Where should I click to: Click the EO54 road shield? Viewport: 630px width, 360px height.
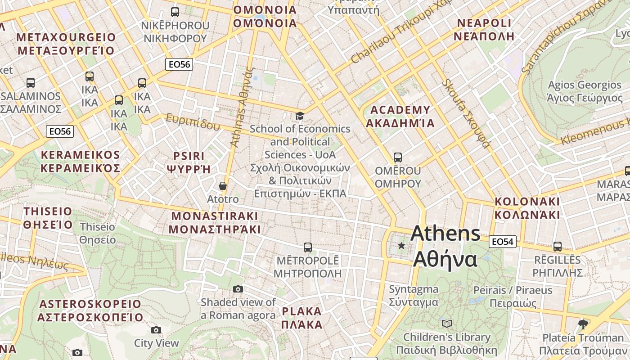502,242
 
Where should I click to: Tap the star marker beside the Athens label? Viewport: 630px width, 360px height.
401,246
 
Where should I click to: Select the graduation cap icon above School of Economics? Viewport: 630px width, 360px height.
300,116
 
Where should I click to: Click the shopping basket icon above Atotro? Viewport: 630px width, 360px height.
222,186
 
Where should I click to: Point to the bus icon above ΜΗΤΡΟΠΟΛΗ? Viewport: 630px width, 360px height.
308,247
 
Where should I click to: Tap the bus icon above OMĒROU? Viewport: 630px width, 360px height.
398,157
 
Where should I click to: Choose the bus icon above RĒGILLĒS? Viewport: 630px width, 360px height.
558,246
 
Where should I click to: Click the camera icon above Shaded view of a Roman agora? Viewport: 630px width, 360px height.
238,289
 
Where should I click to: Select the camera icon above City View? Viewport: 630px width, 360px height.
156,330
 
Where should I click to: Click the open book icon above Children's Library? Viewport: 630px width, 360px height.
446,324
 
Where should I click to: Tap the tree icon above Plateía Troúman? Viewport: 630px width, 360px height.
583,324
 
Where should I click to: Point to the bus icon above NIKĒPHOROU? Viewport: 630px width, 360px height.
175,12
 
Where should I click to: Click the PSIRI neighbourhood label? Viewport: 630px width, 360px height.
189,162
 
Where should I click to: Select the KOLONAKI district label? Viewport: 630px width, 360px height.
527,208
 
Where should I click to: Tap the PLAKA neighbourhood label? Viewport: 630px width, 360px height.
302,318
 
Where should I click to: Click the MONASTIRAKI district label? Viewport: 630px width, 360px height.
215,222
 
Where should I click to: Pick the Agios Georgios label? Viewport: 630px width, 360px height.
584,91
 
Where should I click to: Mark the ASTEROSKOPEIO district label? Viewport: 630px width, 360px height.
90,310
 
